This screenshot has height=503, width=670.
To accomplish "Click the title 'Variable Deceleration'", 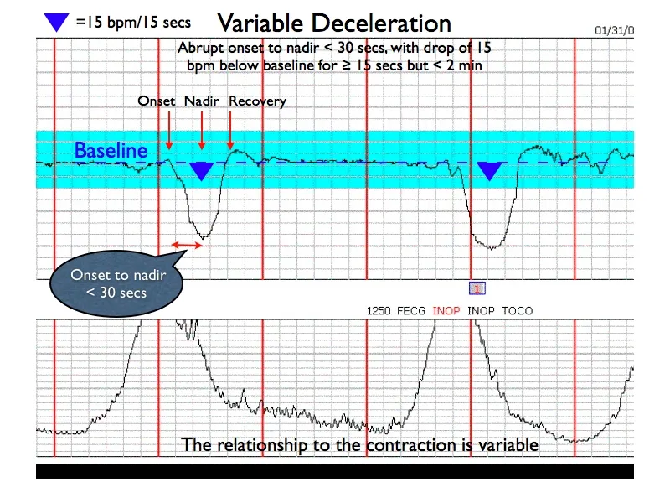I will click(334, 23).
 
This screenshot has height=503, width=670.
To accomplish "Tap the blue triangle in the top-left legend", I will click(57, 23).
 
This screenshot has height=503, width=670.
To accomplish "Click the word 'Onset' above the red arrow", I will click(157, 101).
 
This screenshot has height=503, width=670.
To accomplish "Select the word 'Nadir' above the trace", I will click(202, 101).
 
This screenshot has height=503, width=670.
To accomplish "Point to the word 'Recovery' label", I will click(257, 101).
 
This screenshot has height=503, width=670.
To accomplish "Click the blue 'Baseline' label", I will click(111, 151).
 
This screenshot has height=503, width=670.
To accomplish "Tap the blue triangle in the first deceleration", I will click(201, 170).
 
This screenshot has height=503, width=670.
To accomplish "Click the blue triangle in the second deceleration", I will click(490, 170).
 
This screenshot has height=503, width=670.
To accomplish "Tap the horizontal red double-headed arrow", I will click(187, 245).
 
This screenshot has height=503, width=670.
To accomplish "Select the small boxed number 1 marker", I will click(477, 288).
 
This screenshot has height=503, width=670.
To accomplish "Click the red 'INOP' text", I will click(446, 311).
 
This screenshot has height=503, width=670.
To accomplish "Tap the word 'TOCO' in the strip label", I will click(517, 311).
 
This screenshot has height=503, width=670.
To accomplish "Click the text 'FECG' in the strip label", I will click(411, 311).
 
